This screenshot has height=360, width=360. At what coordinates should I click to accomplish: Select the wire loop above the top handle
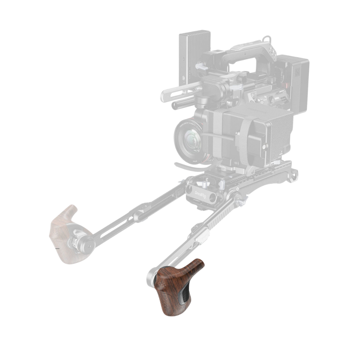tap(266, 39)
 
